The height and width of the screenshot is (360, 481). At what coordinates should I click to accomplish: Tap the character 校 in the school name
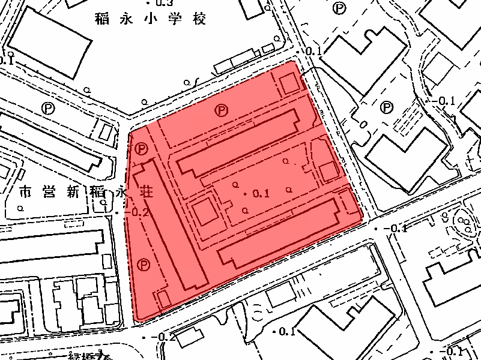[199, 20]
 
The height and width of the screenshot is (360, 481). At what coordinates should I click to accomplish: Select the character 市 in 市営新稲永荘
[25, 193]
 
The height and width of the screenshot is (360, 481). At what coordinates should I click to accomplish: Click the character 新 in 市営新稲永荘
[73, 193]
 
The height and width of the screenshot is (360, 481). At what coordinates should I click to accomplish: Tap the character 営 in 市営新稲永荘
[49, 193]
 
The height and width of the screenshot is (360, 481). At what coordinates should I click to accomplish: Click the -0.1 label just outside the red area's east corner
[397, 229]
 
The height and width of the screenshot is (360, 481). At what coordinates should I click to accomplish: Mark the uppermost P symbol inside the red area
[222, 110]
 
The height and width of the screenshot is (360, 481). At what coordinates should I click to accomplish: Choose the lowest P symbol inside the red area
[144, 264]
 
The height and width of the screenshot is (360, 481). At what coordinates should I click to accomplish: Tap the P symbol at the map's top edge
[341, 8]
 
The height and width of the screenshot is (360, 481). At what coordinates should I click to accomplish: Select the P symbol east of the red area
[387, 107]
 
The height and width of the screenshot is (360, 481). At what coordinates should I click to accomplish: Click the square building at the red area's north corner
[291, 83]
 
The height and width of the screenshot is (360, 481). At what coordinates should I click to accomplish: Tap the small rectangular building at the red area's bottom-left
[163, 299]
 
